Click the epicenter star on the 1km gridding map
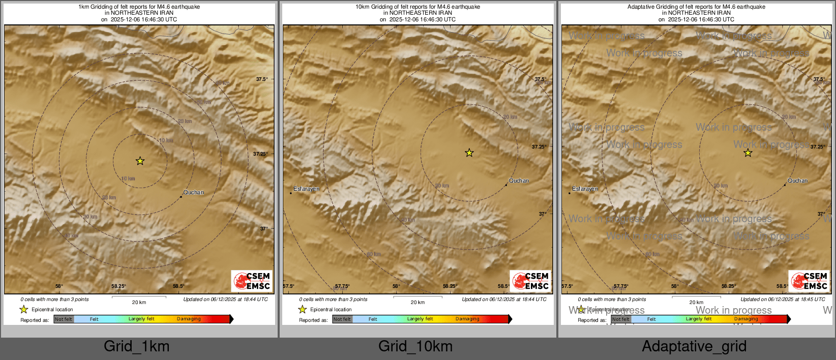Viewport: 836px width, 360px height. [x=140, y=161]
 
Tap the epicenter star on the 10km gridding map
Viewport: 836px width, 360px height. [x=469, y=153]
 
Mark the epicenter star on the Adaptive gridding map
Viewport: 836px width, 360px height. [x=748, y=153]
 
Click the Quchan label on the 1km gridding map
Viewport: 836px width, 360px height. [x=193, y=192]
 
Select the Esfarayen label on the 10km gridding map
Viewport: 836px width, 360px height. [x=306, y=189]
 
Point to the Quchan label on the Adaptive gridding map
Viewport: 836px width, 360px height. [x=797, y=181]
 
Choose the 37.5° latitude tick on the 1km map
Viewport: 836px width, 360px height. [x=261, y=79]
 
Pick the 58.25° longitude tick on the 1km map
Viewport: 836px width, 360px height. [x=118, y=286]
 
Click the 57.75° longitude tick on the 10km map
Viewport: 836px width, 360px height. [x=342, y=286]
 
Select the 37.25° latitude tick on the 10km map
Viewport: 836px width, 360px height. [x=539, y=146]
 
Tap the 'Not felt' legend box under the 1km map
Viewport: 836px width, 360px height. [x=64, y=319]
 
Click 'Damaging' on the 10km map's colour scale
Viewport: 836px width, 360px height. [x=467, y=319]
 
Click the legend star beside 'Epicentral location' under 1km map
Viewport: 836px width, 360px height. [x=23, y=309]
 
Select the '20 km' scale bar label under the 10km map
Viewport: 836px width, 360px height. [x=417, y=303]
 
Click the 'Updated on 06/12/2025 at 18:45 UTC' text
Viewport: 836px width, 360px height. [x=783, y=299]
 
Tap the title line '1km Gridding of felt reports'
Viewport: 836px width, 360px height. [x=139, y=7]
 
